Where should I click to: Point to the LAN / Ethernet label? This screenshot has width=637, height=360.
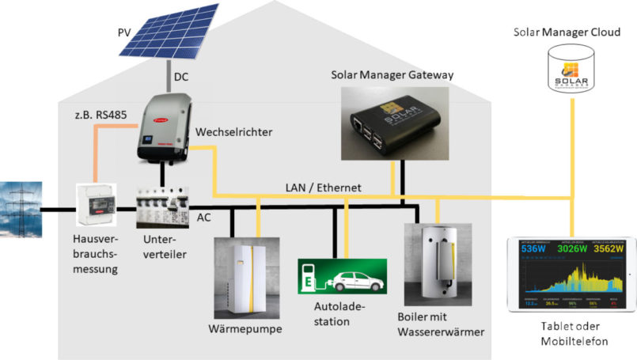coord(323,188)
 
